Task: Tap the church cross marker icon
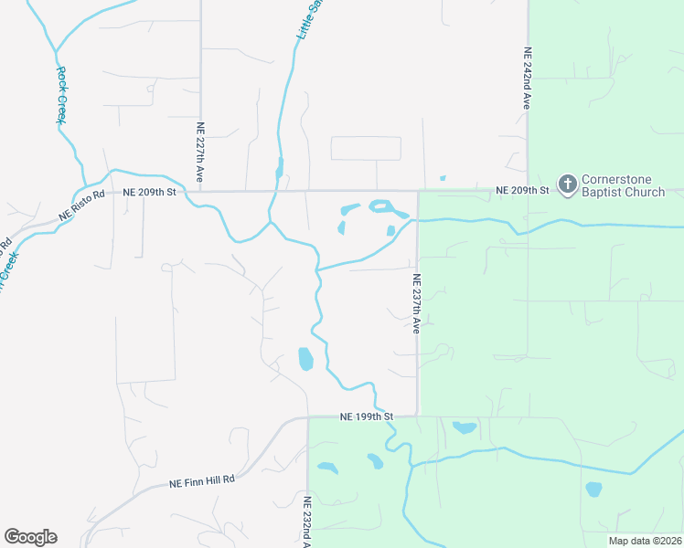[568, 185]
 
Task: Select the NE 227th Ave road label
[200, 151]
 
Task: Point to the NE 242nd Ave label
[528, 79]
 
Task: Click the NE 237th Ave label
[416, 303]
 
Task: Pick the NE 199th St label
[366, 416]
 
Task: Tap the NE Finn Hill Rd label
[202, 479]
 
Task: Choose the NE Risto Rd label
[79, 205]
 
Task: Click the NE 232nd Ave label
[307, 522]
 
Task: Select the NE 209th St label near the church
[521, 190]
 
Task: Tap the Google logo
[30, 537]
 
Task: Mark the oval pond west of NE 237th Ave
[305, 359]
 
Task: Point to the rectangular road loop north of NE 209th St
[366, 149]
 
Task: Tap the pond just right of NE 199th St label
[465, 427]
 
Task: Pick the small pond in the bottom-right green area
[593, 489]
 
